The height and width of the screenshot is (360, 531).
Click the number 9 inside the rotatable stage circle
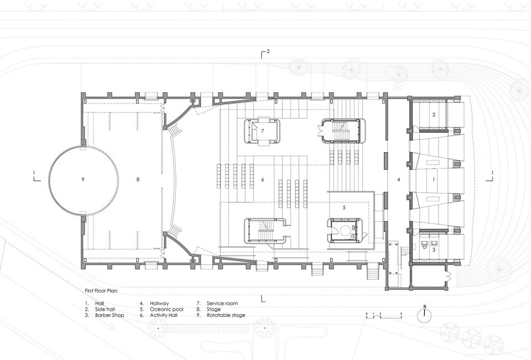click(82, 179)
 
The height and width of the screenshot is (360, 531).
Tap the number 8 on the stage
click(138, 180)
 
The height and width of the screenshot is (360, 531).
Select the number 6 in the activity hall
click(262, 180)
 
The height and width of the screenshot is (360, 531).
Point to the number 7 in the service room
click(262, 131)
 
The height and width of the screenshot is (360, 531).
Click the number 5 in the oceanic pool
click(344, 207)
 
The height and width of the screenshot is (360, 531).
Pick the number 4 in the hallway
click(399, 180)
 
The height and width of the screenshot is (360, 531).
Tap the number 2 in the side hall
click(434, 115)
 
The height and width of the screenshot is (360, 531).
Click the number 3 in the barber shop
click(434, 249)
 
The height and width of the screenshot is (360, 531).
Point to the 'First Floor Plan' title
click(101, 290)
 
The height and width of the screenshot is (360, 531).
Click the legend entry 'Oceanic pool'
click(166, 309)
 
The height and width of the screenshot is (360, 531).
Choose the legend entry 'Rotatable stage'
click(226, 315)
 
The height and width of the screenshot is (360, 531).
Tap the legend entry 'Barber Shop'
click(110, 315)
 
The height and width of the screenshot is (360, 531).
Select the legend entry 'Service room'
click(222, 304)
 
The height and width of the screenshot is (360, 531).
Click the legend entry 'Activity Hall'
click(164, 315)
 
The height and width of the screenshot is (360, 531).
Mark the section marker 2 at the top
click(265, 54)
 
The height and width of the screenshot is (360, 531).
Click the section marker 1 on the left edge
click(36, 176)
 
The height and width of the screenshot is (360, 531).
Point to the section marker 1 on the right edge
click(490, 176)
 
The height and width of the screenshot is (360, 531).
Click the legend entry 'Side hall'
click(105, 309)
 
